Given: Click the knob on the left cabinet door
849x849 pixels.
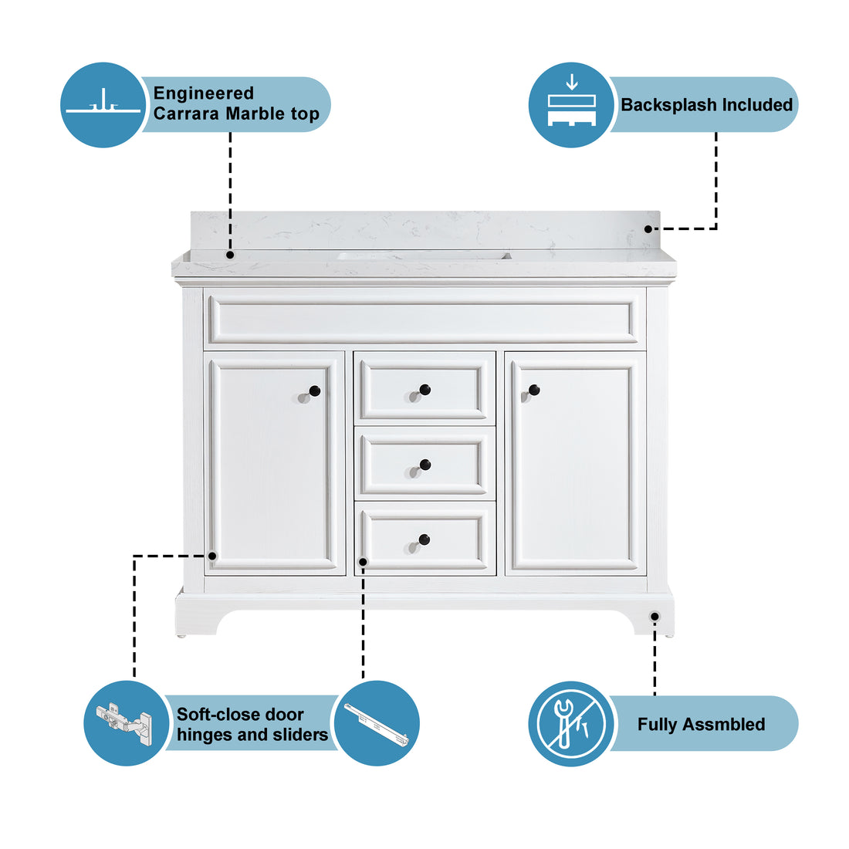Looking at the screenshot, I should (313, 391).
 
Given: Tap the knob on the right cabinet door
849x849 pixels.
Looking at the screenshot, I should (533, 390).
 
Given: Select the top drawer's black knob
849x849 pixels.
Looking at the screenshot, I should (424, 390).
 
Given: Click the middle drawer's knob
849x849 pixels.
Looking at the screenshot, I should (424, 465).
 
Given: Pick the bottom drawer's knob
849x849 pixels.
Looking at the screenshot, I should (424, 540).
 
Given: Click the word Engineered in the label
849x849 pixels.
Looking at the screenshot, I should (203, 93).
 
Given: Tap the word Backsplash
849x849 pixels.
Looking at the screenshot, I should (665, 105).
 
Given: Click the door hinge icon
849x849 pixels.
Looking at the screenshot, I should (125, 723).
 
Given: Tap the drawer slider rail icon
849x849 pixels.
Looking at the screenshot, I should (377, 724).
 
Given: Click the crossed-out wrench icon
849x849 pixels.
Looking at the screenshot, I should (571, 724).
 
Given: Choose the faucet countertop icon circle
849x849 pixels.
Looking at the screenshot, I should (103, 105).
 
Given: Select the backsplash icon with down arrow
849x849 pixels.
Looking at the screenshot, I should (571, 105).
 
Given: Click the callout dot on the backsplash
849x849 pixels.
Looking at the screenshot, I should (648, 228).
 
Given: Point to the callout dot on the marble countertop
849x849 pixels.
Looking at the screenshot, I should (229, 254).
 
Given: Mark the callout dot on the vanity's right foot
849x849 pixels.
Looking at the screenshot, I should (655, 616).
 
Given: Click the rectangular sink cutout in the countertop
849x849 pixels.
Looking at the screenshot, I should (424, 255).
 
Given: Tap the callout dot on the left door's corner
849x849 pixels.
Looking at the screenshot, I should (212, 555).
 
